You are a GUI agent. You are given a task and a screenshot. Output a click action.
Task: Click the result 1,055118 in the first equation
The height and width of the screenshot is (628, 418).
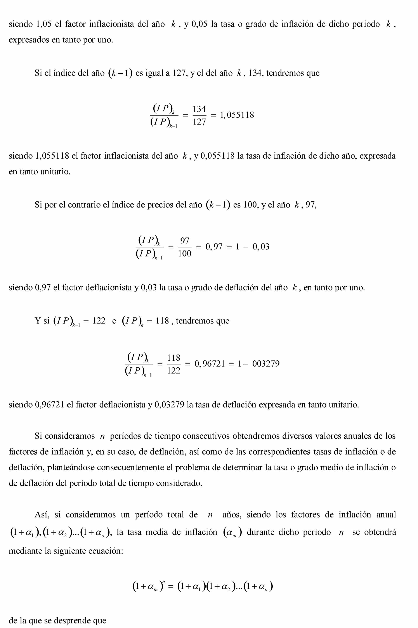coord(237,115)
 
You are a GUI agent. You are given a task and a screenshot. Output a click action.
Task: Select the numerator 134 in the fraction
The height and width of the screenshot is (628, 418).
coord(199,109)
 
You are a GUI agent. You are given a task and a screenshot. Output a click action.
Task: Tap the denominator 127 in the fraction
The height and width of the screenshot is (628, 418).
coord(199,122)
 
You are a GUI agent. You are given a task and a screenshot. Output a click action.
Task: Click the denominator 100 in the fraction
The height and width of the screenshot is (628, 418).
coord(184,253)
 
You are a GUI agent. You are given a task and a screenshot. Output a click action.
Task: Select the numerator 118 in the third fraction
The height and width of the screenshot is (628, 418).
coord(173,358)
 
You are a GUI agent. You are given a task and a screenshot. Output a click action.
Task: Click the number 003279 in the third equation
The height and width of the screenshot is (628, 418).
coord(266,364)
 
